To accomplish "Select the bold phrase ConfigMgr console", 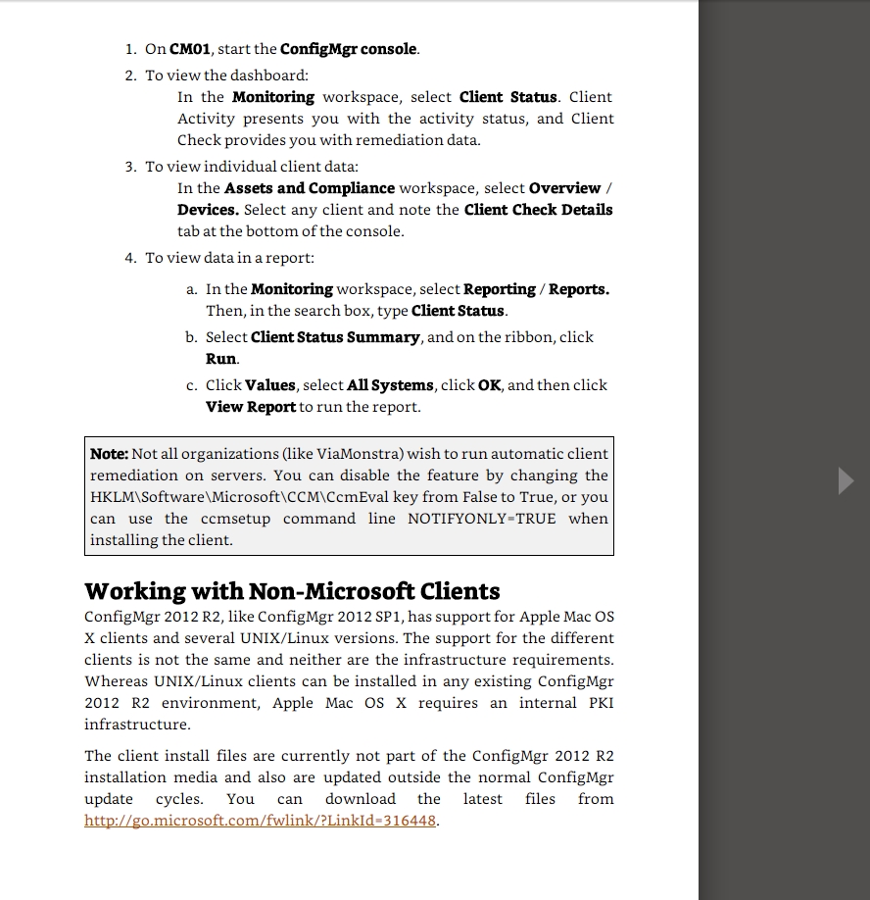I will click(349, 49).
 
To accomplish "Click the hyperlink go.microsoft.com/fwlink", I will click(261, 821).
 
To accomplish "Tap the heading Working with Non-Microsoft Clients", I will click(292, 591).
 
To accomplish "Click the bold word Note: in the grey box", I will click(109, 454).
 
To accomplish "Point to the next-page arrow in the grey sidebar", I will click(846, 480).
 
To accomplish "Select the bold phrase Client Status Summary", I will click(335, 337).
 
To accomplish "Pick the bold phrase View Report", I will click(250, 407).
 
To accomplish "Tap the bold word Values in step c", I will click(269, 385).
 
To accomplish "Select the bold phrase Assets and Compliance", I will click(310, 188).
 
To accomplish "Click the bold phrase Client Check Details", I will click(538, 210).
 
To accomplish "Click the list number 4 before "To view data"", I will click(129, 258).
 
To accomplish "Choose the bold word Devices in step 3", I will click(208, 210).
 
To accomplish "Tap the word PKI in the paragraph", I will click(601, 703).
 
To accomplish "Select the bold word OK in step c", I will click(489, 385).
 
